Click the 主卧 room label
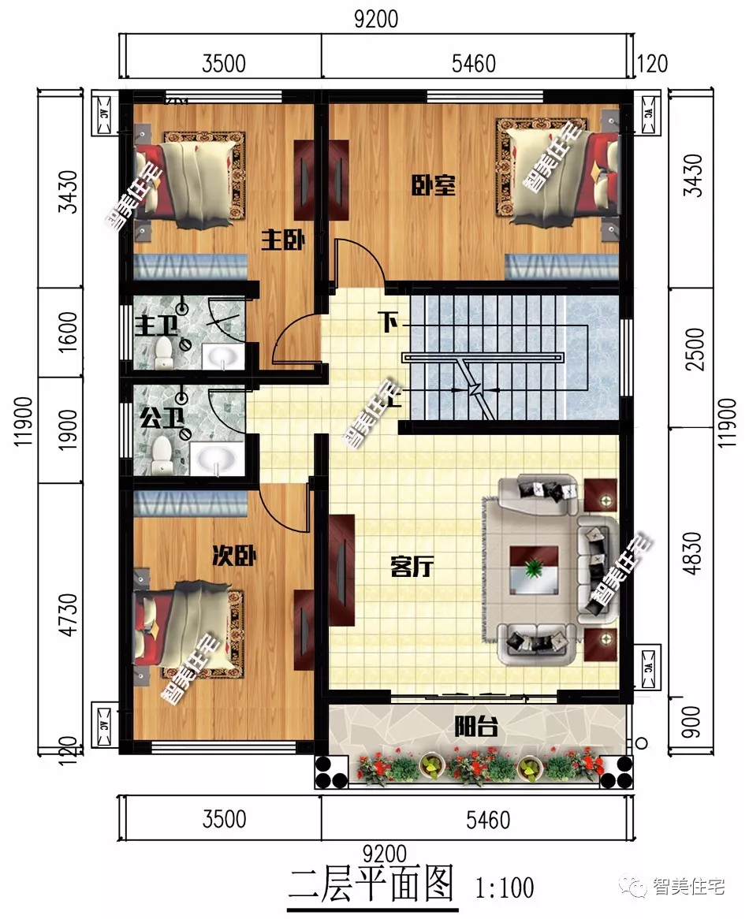point(283,240)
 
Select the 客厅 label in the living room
point(412,567)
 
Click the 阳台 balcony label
point(476,726)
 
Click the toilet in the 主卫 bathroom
point(164,352)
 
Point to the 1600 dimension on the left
point(69,333)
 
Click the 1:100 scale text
point(505,887)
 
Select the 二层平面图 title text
point(372,884)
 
